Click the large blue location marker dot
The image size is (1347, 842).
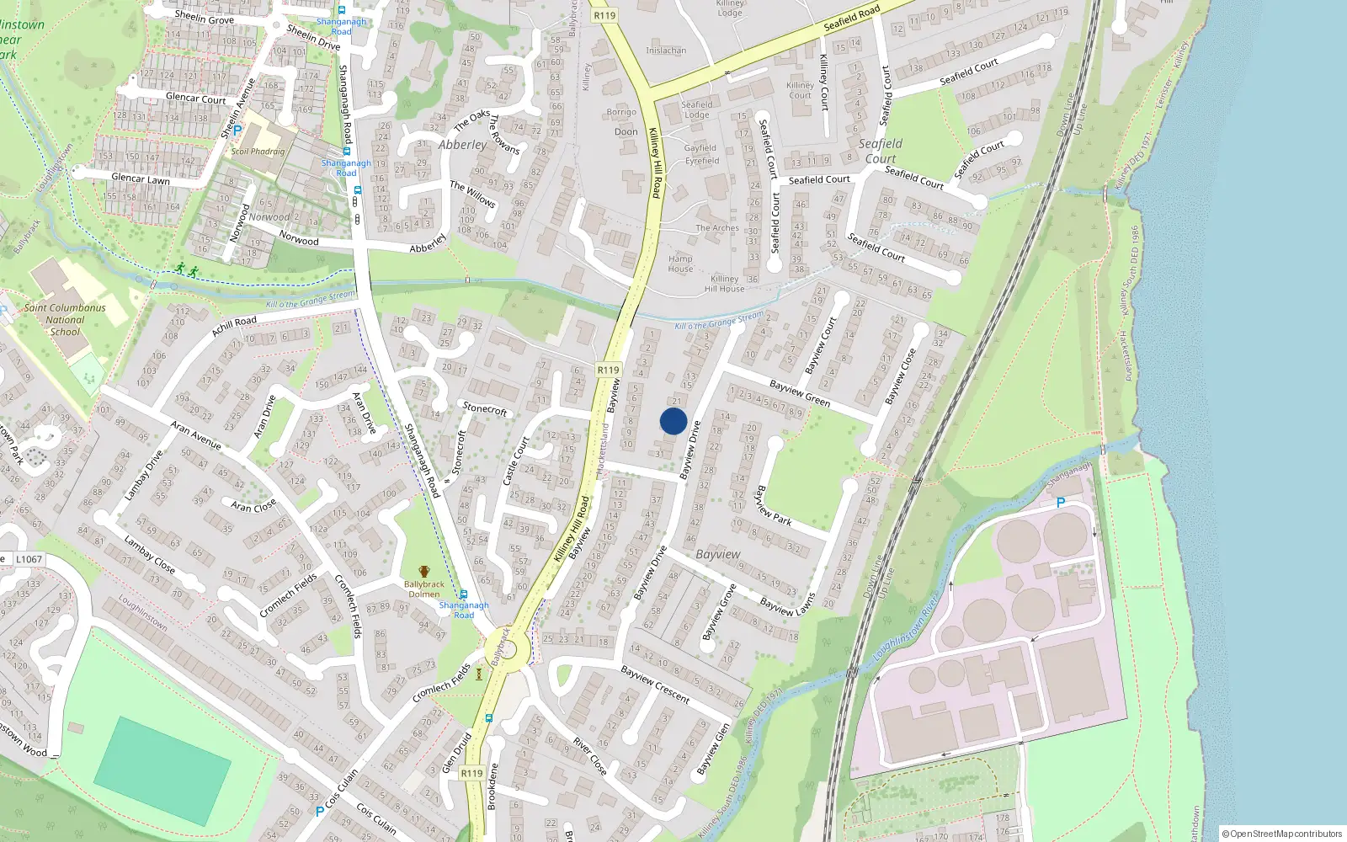tap(673, 421)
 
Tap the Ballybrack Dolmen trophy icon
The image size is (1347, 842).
tap(423, 572)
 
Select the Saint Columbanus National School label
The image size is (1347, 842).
tap(65, 320)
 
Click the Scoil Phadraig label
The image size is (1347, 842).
tap(258, 152)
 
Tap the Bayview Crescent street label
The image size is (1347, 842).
tap(655, 684)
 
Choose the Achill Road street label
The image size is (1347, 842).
tap(234, 326)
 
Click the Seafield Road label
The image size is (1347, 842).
tap(852, 18)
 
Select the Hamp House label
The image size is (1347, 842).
tap(680, 264)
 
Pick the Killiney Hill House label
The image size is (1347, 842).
tap(724, 284)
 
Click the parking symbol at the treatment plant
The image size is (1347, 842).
tap(1061, 503)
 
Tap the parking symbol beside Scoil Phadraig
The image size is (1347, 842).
tap(237, 131)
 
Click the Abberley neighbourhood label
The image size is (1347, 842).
tap(462, 145)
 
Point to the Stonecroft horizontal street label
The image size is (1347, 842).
tap(485, 408)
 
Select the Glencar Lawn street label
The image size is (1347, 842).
tap(141, 179)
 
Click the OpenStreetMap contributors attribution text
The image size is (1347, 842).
tap(1281, 834)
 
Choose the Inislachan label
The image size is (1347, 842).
tap(666, 51)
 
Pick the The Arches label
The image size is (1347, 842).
tap(717, 228)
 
